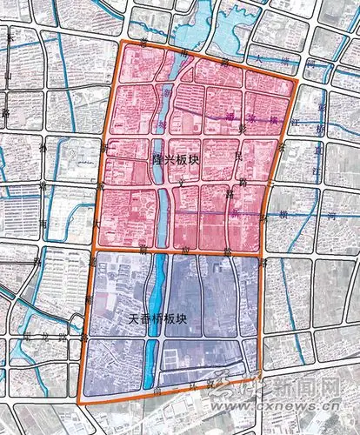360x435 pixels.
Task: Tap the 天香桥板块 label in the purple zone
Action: tap(151, 320)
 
